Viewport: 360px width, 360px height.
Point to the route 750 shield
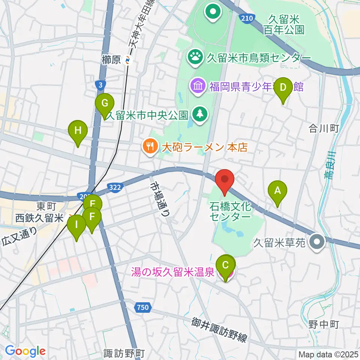[142, 308]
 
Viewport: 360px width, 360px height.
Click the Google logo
[25, 351]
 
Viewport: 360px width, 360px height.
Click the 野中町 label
[324, 323]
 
